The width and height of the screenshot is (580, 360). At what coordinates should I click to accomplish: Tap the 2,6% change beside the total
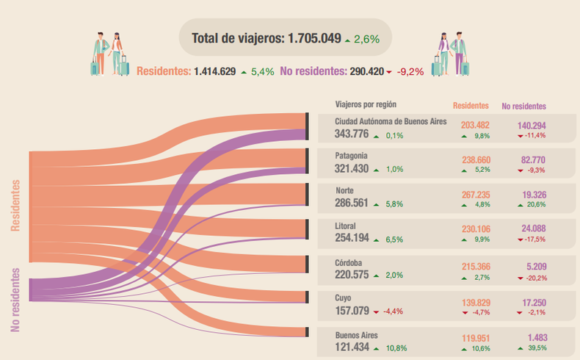coord(366,39)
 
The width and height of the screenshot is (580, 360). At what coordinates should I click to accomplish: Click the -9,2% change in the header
coord(410,72)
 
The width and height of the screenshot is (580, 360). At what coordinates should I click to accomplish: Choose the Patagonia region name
coord(351,156)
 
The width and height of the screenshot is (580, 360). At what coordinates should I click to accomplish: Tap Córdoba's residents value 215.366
coord(476,267)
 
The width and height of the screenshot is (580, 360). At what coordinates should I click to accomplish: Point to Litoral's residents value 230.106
coord(476,230)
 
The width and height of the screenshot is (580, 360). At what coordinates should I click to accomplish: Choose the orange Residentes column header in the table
coord(471,106)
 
